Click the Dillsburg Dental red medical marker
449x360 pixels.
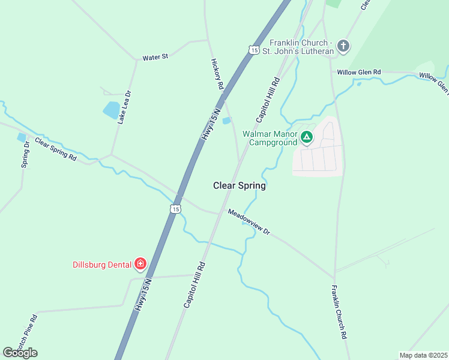pyautogui.click(x=140, y=264)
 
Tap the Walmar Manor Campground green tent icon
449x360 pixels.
pyautogui.click(x=307, y=138)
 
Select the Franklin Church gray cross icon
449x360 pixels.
pyautogui.click(x=343, y=46)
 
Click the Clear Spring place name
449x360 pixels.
pyautogui.click(x=239, y=186)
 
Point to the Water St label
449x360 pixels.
pyautogui.click(x=155, y=58)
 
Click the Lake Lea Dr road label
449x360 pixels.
pyautogui.click(x=124, y=107)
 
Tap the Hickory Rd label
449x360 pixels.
pyautogui.click(x=217, y=74)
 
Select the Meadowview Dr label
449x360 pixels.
pyautogui.click(x=249, y=222)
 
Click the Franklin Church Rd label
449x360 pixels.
pyautogui.click(x=340, y=312)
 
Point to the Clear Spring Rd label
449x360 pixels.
pyautogui.click(x=56, y=149)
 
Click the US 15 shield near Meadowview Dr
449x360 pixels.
pyautogui.click(x=175, y=208)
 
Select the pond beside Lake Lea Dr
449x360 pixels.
pyautogui.click(x=112, y=110)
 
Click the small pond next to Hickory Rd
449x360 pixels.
pyautogui.click(x=226, y=121)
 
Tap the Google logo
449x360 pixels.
pyautogui.click(x=20, y=353)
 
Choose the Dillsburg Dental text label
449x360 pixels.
pyautogui.click(x=102, y=264)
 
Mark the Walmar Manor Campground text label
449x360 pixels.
pyautogui.click(x=270, y=138)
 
